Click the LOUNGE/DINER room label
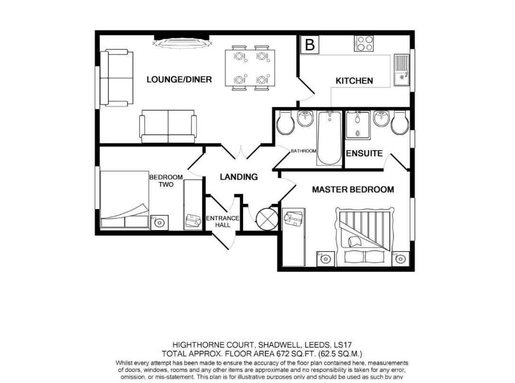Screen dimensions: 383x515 coord(179,79)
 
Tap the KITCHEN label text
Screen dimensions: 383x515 coord(354,81)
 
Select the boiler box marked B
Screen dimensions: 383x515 coord(310,45)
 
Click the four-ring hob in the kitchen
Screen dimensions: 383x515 coord(364,44)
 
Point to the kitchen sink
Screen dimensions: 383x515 coord(402,69)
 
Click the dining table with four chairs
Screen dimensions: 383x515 coord(250,67)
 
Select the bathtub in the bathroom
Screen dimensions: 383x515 coord(329,138)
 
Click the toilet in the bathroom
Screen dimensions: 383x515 coord(286,123)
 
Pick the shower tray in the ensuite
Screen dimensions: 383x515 coord(358,125)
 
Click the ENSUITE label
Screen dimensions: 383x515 coord(364,153)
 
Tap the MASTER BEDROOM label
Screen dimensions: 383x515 coord(353,190)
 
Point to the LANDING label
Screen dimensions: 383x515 coord(239,177)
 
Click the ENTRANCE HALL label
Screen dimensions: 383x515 coord(223,221)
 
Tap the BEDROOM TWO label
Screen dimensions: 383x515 coord(166,181)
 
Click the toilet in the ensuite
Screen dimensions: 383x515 coord(400,123)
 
